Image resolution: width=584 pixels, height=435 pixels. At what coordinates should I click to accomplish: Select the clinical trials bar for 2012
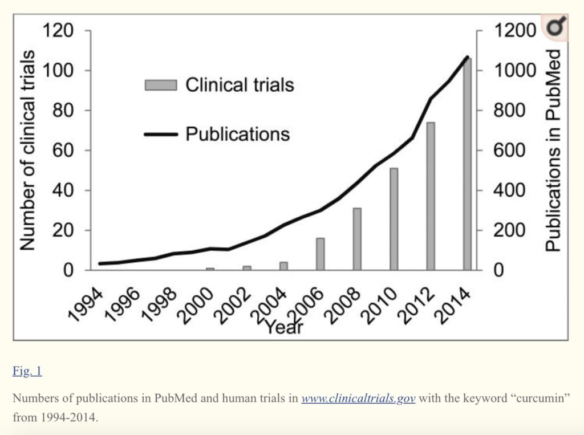click(431, 196)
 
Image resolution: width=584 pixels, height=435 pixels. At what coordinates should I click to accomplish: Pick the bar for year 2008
click(357, 239)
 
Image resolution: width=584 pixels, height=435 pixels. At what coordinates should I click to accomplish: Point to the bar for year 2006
click(320, 254)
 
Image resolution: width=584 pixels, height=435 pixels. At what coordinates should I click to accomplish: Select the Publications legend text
click(237, 134)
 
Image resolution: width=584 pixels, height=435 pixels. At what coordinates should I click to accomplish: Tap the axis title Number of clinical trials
click(28, 151)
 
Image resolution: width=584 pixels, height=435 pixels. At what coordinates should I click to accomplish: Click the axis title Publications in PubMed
click(553, 151)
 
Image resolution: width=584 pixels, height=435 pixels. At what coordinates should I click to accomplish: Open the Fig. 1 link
click(27, 371)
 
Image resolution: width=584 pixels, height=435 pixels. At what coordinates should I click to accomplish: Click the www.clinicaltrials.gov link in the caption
click(358, 398)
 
